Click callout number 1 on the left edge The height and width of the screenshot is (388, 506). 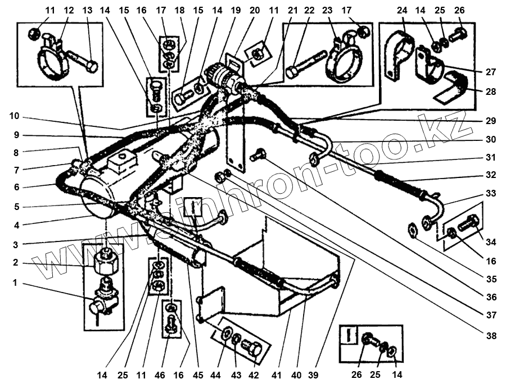coord(16,283)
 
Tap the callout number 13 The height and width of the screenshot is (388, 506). coord(87,11)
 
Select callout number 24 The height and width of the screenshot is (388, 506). coord(403,11)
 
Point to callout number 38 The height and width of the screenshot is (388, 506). coord(492,336)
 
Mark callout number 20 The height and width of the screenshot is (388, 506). coord(254,11)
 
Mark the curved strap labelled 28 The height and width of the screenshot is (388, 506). coord(453,90)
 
